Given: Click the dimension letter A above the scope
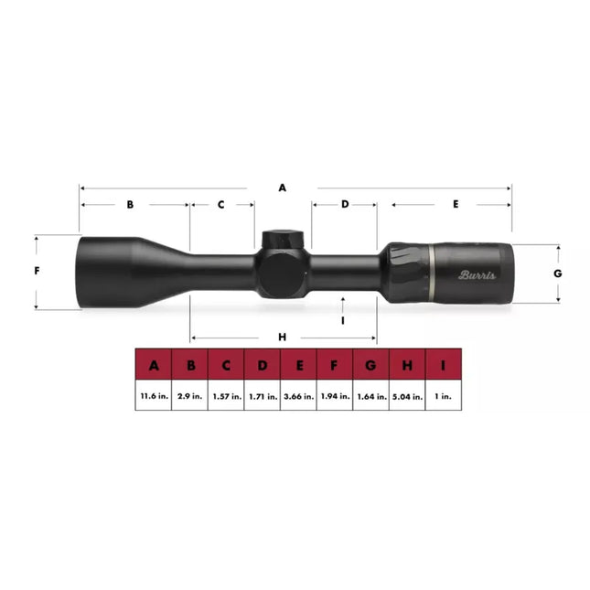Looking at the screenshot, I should [x=283, y=188].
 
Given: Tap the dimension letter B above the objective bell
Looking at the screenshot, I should [x=130, y=205].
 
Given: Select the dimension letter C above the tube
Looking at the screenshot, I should [x=221, y=205].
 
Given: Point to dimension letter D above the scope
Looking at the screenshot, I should [x=345, y=205].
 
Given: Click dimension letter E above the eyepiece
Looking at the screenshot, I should [x=456, y=205].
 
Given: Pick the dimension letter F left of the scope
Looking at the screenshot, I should [x=37, y=272].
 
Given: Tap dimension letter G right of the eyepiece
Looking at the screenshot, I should [x=557, y=274].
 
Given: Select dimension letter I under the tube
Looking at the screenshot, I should [x=342, y=321].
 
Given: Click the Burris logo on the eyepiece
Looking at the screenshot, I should [x=477, y=274].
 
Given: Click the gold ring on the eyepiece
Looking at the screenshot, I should [x=429, y=273].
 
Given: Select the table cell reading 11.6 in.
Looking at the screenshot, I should [x=154, y=397].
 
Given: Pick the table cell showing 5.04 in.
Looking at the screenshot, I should [x=407, y=397].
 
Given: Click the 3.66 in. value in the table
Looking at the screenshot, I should [x=299, y=397].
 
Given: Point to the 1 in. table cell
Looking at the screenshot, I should [x=444, y=397].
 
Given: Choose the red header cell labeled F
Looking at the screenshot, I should [x=335, y=366].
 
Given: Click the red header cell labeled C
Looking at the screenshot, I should [x=226, y=366].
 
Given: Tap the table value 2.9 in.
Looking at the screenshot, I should [x=190, y=397].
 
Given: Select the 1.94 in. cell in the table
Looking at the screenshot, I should [x=335, y=397].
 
